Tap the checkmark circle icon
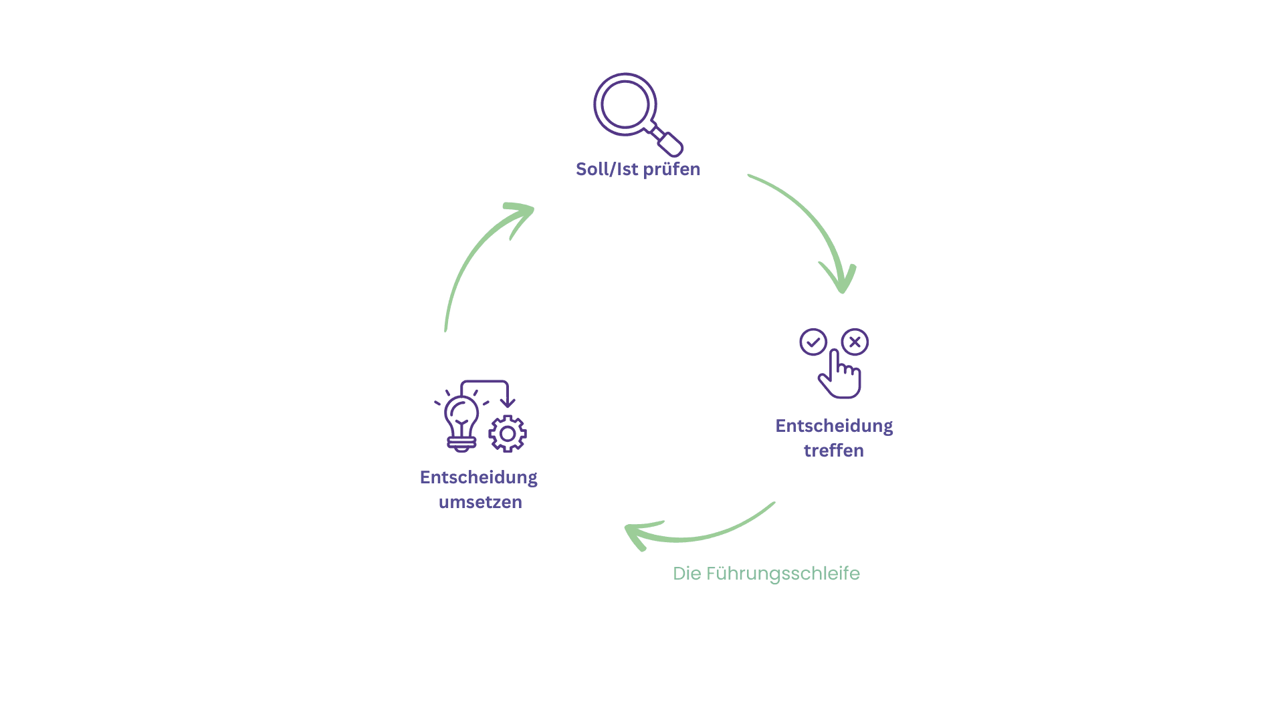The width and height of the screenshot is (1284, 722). pos(813,342)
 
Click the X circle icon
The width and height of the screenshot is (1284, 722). pos(855,342)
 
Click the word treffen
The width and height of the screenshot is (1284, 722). pos(834,451)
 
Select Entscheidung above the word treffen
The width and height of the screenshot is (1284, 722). pos(834,427)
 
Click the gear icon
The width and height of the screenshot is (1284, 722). pos(508,434)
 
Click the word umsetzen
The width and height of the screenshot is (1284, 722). pos(480,502)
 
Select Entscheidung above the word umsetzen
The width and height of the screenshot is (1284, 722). pos(479,478)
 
